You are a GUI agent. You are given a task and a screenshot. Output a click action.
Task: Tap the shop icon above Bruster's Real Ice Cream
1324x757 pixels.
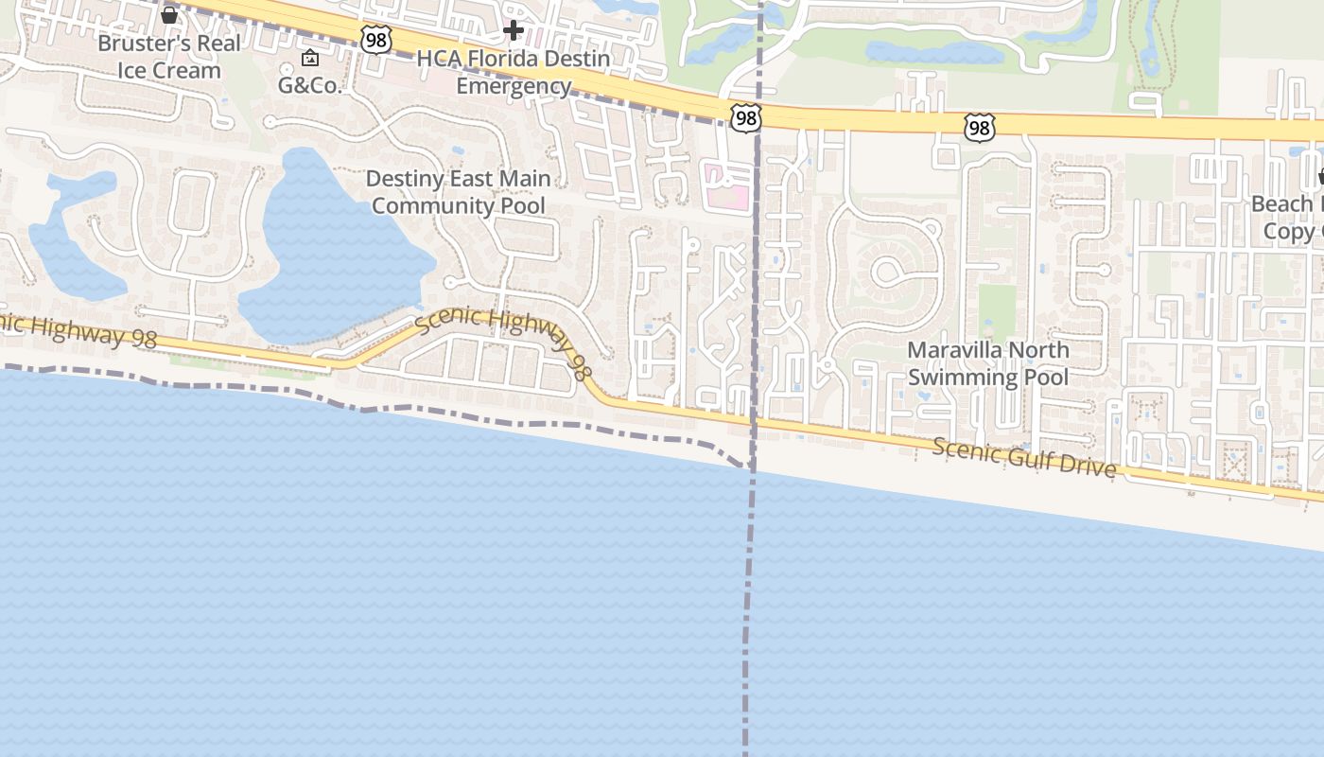(169, 15)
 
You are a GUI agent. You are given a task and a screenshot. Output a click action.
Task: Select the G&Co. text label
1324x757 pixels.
(309, 84)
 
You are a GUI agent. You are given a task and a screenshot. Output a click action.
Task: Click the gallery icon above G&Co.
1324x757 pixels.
(309, 59)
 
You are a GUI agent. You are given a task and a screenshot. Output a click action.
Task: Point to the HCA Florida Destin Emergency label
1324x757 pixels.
(514, 73)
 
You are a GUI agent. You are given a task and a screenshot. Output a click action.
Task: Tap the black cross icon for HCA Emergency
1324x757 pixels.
(514, 31)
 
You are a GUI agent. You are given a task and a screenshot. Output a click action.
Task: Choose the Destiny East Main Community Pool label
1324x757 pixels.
(458, 192)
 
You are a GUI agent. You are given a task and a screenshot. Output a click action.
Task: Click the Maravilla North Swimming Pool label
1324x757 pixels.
(988, 363)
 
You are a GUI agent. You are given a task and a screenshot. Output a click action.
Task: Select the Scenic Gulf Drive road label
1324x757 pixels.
(1024, 458)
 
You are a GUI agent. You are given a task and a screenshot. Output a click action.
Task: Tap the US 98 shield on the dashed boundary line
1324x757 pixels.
(745, 117)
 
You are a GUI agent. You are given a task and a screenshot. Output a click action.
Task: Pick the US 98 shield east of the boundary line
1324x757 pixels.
(980, 127)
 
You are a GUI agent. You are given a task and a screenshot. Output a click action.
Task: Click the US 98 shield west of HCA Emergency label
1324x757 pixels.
(375, 40)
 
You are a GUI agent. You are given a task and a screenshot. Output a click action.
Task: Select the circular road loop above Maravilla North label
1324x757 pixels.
(888, 273)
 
